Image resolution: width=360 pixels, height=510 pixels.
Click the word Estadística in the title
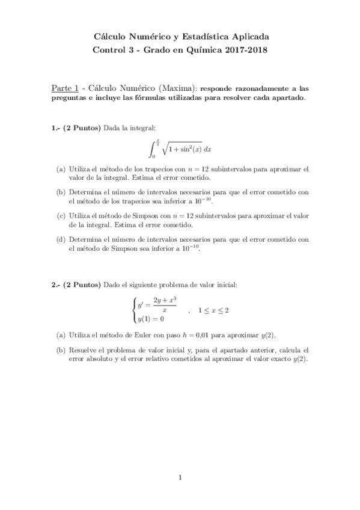point(203,37)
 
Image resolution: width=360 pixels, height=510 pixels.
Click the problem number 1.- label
point(55,127)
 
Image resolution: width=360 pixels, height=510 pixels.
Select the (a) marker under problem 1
point(61,170)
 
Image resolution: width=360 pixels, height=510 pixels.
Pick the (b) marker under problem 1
point(61,192)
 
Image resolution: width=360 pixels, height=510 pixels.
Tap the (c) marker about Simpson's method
point(61,215)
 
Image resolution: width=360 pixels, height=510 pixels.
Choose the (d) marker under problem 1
point(61,239)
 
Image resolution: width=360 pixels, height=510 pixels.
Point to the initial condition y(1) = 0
point(151,319)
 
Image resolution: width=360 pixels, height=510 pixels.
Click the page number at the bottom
point(180,478)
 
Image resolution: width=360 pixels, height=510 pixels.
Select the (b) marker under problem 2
point(61,350)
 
